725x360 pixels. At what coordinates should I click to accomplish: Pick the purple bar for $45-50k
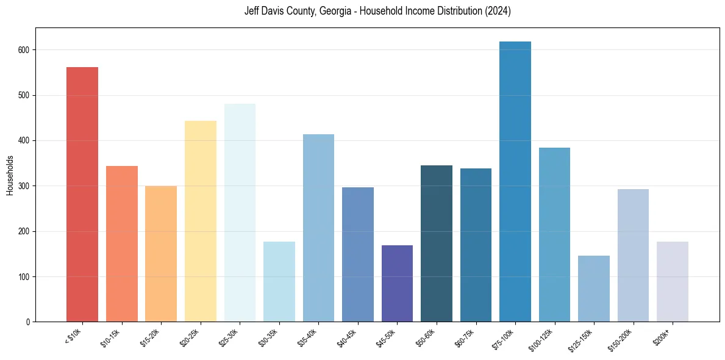tap(397, 283)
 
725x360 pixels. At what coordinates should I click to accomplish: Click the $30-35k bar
tap(279, 281)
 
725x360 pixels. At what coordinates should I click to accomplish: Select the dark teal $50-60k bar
tap(436, 243)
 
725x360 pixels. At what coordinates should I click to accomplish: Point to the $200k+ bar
tap(672, 281)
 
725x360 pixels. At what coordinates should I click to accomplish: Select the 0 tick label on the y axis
tap(29, 322)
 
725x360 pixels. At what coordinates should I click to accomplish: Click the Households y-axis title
tap(10, 175)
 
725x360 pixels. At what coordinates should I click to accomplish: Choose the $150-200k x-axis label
tap(623, 339)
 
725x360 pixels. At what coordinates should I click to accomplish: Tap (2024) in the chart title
tap(499, 11)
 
